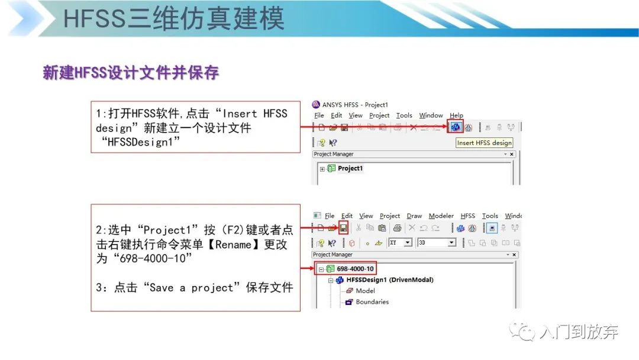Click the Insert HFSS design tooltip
pyautogui.click(x=484, y=143)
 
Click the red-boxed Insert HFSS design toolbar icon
pyautogui.click(x=455, y=127)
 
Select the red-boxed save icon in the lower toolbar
pyautogui.click(x=343, y=227)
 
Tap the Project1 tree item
pyautogui.click(x=350, y=168)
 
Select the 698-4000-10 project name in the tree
pyautogui.click(x=355, y=269)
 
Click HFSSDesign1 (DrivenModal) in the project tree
pyautogui.click(x=389, y=279)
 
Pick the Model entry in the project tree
pyautogui.click(x=365, y=291)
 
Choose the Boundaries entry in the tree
pyautogui.click(x=372, y=302)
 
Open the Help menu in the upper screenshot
pyautogui.click(x=456, y=115)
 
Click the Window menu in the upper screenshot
pyautogui.click(x=431, y=115)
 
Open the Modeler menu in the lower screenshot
pyautogui.click(x=441, y=216)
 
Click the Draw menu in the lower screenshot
pyautogui.click(x=414, y=216)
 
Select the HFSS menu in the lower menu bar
pyautogui.click(x=468, y=216)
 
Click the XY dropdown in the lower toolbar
pyautogui.click(x=400, y=243)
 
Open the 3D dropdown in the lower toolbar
pyautogui.click(x=437, y=243)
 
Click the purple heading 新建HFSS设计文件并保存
pyautogui.click(x=131, y=73)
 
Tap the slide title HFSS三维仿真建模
pyautogui.click(x=173, y=18)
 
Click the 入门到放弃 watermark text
pyautogui.click(x=579, y=332)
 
